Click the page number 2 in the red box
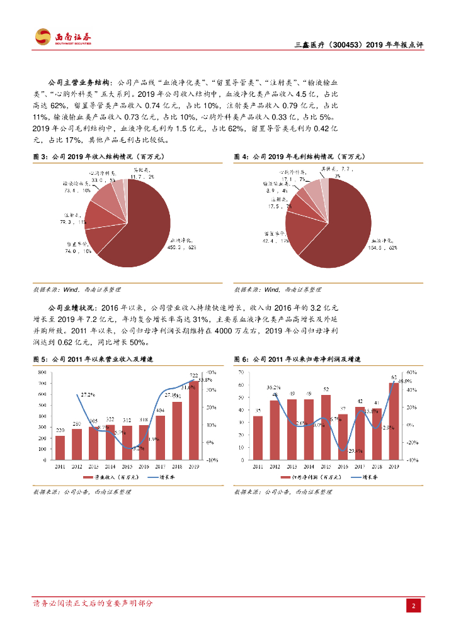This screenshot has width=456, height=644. coord(414,606)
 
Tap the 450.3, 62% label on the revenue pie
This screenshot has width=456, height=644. coord(182,243)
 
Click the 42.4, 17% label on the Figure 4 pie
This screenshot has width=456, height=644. coord(275,237)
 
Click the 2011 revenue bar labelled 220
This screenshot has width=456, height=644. coord(60,447)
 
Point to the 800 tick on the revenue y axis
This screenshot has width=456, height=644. coord(43,372)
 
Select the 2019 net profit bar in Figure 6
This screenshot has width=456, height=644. coord(394,421)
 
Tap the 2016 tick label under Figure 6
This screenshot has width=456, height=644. coord(343,467)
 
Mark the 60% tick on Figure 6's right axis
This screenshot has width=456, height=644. coord(411,372)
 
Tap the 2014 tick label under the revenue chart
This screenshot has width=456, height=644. coord(110,467)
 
